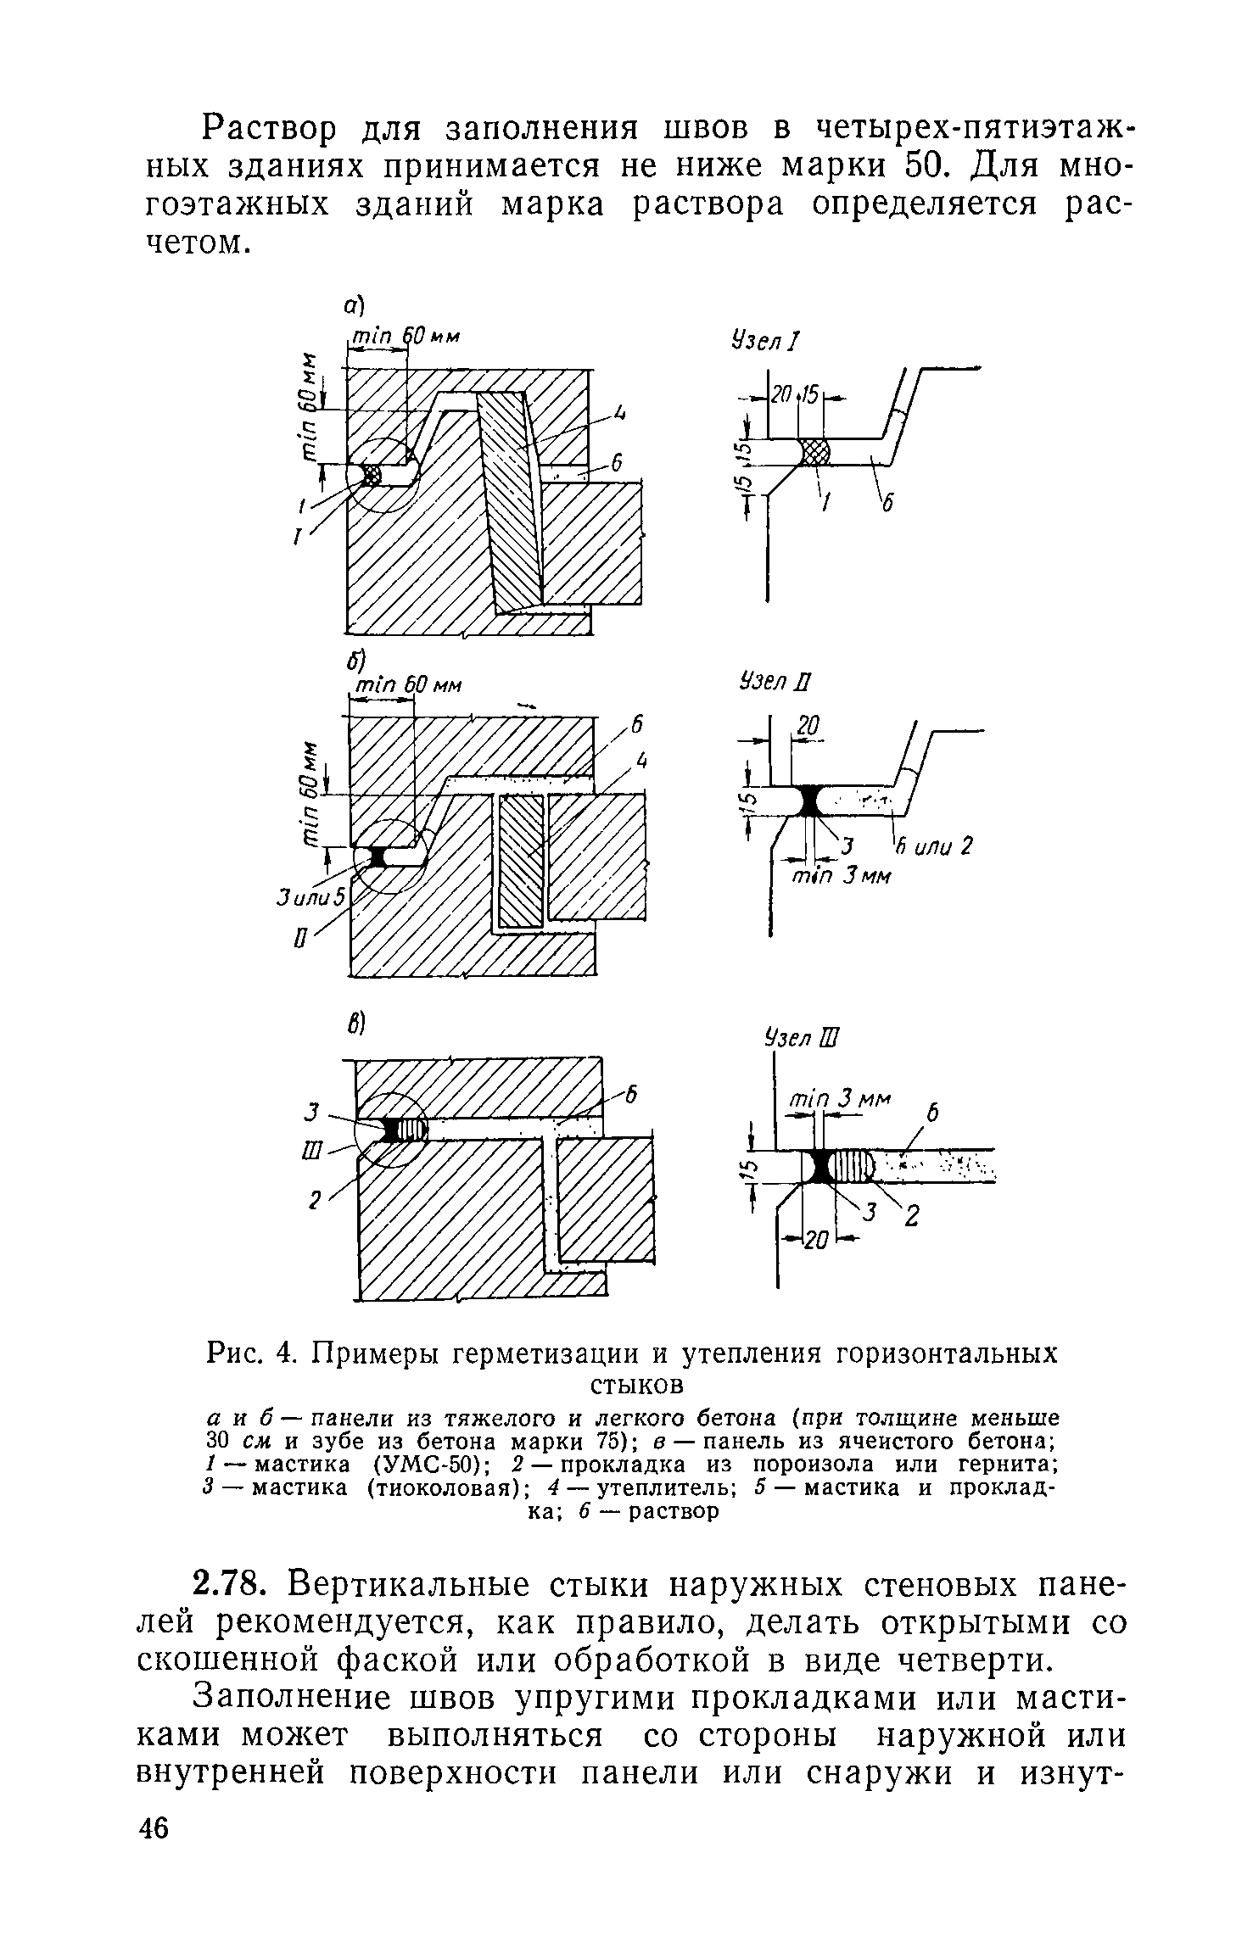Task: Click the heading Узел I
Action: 763,342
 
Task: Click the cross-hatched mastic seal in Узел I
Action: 814,452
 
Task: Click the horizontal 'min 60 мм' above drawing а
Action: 405,337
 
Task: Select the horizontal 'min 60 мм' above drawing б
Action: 406,684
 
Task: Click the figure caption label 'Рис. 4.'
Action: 255,1354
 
